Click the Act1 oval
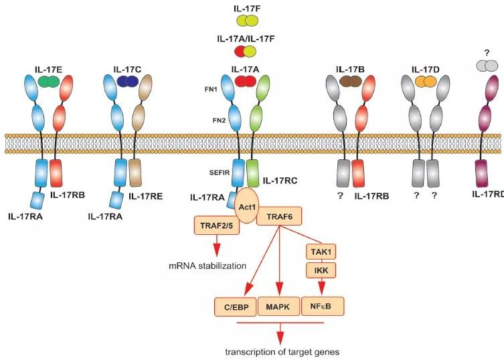[x=247, y=206]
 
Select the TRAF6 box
[x=279, y=217]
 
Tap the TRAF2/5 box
[x=217, y=226]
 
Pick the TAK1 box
[x=321, y=252]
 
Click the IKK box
[x=321, y=270]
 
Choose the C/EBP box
[x=236, y=306]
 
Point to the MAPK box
[x=278, y=306]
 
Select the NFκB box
[x=323, y=306]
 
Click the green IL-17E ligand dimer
[x=49, y=82]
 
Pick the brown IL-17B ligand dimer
[x=350, y=82]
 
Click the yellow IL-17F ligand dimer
[x=247, y=21]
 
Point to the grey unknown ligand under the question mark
[x=487, y=66]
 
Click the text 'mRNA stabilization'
[x=207, y=266]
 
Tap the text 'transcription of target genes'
[x=282, y=352]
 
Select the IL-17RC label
[x=280, y=180]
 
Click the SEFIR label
[x=220, y=173]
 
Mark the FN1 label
[x=211, y=90]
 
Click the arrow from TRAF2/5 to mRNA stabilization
[x=217, y=246]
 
